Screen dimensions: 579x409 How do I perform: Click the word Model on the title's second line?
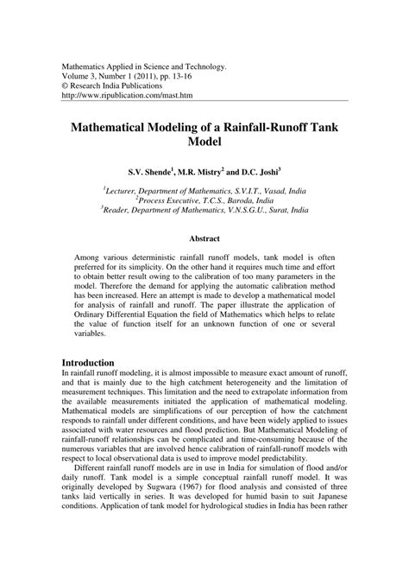(x=204, y=140)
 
